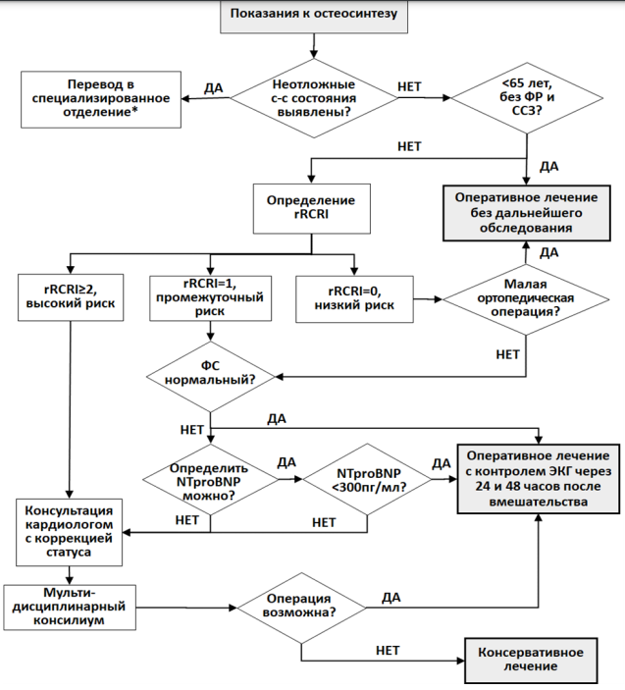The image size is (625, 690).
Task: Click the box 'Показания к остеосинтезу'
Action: tap(314, 16)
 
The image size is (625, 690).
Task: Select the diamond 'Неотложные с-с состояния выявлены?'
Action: tap(314, 98)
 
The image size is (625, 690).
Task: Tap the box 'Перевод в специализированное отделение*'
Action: tap(101, 99)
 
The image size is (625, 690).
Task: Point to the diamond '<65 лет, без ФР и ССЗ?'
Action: tap(527, 97)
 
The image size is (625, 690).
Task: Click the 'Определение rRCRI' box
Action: tap(311, 208)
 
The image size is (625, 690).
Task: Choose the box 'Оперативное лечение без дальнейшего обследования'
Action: tap(527, 213)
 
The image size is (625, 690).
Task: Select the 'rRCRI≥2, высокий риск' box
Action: tap(71, 297)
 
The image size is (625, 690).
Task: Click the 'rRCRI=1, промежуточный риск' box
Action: tap(210, 298)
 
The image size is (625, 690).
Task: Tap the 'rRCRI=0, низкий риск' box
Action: tap(354, 299)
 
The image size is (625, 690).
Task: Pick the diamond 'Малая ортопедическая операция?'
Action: tap(526, 299)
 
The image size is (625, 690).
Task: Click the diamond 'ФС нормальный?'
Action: tap(210, 377)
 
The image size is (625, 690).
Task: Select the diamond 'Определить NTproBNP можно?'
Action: tap(210, 479)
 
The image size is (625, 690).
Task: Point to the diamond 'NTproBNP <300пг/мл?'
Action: tap(367, 479)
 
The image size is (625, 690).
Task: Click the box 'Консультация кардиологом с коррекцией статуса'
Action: tap(69, 532)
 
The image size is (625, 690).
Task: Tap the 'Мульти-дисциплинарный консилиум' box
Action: tap(70, 608)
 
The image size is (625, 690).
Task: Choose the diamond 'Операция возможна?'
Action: tap(301, 608)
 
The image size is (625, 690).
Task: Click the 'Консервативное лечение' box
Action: tap(531, 661)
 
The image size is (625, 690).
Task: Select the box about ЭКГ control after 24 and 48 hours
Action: tap(539, 479)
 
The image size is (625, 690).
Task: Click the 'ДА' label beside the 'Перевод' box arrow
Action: tap(213, 88)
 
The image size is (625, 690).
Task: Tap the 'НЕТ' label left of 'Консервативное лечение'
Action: tap(388, 650)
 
